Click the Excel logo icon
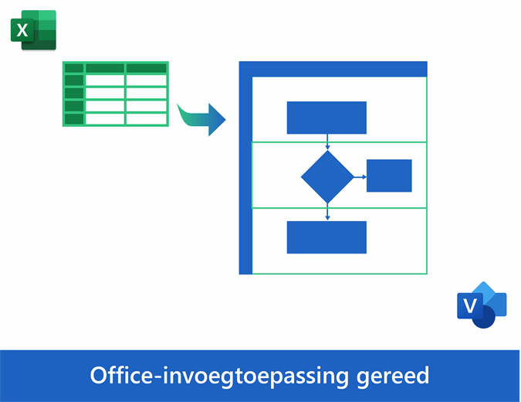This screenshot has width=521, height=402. pos(33,30)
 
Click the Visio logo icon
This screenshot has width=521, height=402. pos(481,305)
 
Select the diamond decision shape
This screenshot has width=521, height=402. pos(327,176)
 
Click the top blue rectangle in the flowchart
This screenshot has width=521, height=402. pos(326,118)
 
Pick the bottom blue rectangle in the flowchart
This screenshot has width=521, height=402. pos(326,237)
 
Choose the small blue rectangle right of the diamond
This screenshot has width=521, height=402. pos(389,175)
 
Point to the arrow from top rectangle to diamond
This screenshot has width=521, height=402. pos(327,142)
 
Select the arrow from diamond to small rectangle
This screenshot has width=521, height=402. pos(360,176)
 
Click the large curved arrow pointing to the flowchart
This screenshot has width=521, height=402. pos(202,119)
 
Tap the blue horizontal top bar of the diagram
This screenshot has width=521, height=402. pos(333,69)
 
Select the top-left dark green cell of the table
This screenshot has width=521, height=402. pos(74,68)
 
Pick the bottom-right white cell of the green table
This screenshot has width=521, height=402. pos(147,119)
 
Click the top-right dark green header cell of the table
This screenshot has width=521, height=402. pos(147,68)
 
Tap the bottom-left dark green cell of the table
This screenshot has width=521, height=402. pos(74,119)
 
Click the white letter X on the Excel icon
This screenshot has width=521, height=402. pos(23,30)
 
